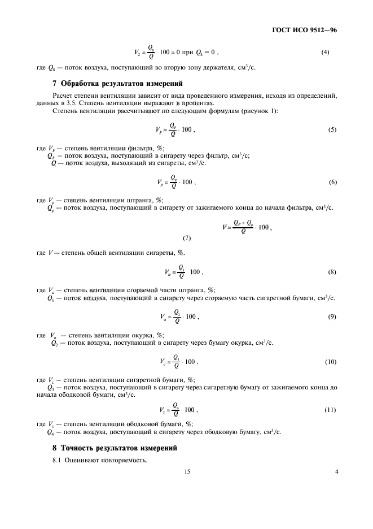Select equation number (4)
click(325, 53)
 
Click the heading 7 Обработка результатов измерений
click(117, 84)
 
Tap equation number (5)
click(332, 129)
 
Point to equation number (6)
click(332, 183)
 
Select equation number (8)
click(332, 272)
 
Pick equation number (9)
click(332, 316)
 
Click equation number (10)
click(331, 361)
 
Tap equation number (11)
click(331, 409)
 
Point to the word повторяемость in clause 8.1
click(125, 461)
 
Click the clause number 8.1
click(57, 461)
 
